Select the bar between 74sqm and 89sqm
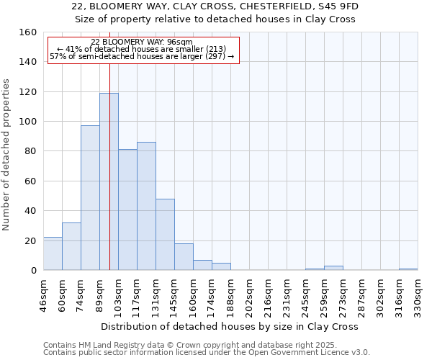[x=90, y=198]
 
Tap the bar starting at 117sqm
[x=146, y=206]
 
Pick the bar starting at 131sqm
[x=165, y=235]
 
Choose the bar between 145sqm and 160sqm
[x=184, y=257]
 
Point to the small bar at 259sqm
[x=333, y=268]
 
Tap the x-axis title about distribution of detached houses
[x=230, y=326]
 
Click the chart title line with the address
[x=215, y=6]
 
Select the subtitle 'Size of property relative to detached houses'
[x=215, y=19]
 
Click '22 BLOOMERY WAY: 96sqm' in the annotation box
[x=142, y=42]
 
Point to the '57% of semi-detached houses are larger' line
[x=142, y=56]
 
